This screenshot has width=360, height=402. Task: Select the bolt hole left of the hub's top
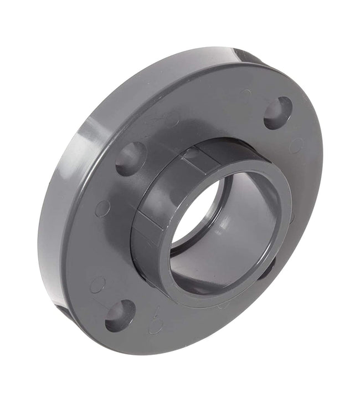tap(131, 158)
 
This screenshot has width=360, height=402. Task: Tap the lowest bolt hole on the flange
tap(120, 315)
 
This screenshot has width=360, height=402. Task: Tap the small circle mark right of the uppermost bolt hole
tap(296, 145)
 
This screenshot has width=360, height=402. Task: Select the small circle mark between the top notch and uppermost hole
tap(245, 94)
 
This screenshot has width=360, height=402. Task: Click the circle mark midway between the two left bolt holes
tap(102, 208)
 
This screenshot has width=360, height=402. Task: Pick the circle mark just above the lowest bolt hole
tap(97, 284)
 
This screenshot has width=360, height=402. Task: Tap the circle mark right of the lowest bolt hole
tap(156, 325)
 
